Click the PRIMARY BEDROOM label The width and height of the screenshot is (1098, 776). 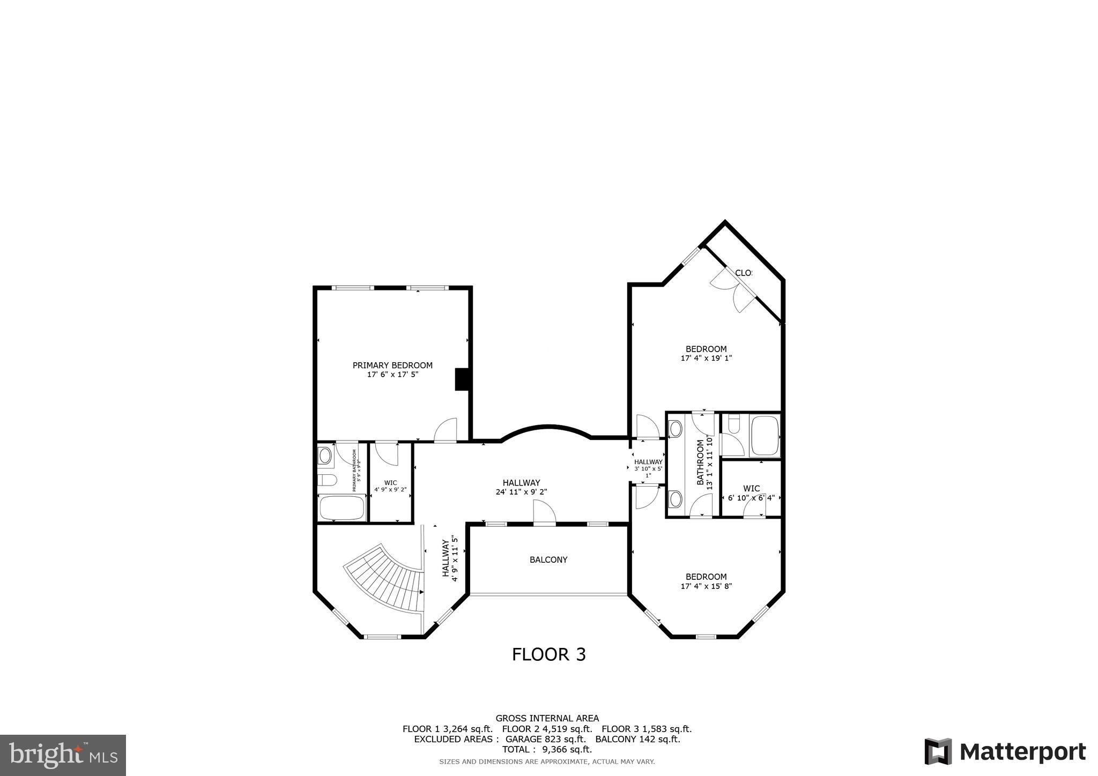(392, 365)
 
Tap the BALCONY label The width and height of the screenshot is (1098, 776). (548, 559)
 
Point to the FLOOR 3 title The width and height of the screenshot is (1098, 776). (548, 654)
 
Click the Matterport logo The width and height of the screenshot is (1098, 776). (1005, 751)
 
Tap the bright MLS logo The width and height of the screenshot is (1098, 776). (63, 755)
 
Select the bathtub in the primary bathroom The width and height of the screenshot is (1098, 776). (342, 507)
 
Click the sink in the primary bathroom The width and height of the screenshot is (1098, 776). (325, 456)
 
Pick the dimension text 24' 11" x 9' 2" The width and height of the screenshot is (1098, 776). (521, 491)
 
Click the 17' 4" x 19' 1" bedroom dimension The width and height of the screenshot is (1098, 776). (706, 358)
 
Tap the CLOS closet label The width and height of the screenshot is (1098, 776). (743, 273)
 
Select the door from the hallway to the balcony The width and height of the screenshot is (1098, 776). (544, 513)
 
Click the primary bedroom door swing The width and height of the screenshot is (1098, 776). (446, 430)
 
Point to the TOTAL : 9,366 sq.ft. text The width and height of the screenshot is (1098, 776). (547, 749)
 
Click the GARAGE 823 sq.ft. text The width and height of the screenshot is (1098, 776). (546, 739)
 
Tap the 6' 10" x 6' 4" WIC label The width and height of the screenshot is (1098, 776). (751, 497)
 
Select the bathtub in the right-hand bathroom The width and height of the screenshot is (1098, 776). (765, 436)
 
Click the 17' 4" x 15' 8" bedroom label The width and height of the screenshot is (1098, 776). (706, 586)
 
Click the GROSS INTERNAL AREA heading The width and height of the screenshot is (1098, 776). (547, 718)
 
